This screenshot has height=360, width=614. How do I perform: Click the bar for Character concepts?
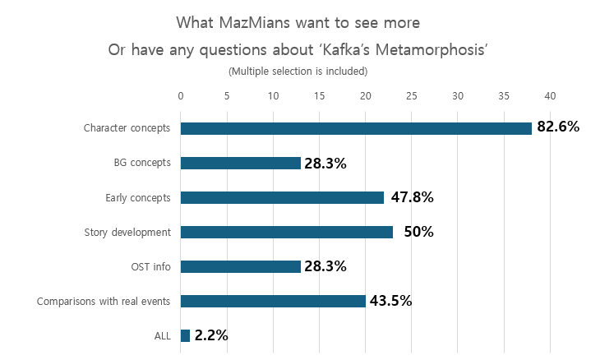[356, 128]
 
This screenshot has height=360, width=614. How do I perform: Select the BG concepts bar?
[240, 163]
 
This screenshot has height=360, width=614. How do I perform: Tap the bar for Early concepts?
[282, 197]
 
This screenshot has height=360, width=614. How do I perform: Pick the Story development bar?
[286, 232]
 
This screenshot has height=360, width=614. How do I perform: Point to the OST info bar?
[240, 266]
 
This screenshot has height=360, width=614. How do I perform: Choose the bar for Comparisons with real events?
[273, 301]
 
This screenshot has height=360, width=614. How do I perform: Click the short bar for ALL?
[185, 335]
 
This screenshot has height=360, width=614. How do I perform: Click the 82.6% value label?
[558, 127]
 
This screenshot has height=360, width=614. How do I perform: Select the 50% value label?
[418, 232]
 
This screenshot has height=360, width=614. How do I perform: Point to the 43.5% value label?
[390, 301]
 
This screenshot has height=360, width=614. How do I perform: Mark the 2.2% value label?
[211, 335]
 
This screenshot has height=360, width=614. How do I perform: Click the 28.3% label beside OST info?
[325, 266]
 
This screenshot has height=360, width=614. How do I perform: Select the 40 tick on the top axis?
[550, 95]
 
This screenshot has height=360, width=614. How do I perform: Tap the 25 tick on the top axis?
[412, 95]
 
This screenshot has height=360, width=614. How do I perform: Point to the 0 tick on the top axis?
[181, 95]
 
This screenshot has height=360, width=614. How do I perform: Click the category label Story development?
[127, 233]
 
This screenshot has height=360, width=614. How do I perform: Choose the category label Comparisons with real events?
[104, 302]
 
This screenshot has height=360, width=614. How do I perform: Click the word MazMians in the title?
[254, 20]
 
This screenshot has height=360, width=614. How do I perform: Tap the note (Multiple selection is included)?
[298, 72]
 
